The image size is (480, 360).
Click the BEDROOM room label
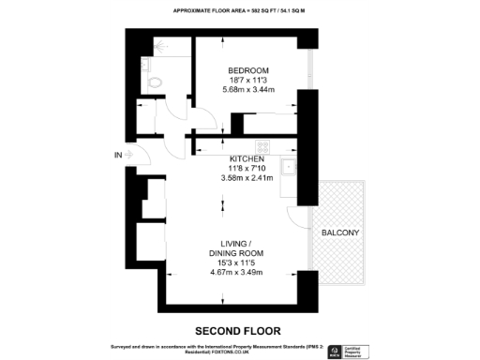[248, 70]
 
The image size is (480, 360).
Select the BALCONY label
[340, 232]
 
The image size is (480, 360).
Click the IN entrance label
[118, 154]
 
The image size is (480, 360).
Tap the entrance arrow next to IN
[132, 154]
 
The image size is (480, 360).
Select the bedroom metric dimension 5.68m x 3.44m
[248, 89]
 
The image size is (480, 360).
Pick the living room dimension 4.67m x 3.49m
[235, 272]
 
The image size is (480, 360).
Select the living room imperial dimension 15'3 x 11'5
[235, 262]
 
